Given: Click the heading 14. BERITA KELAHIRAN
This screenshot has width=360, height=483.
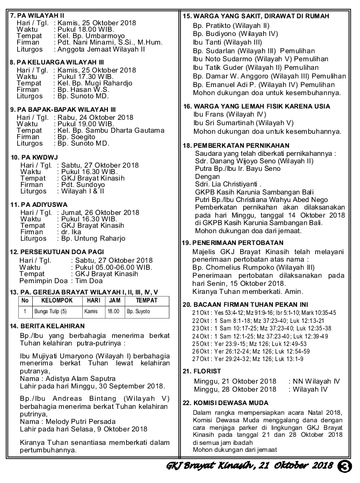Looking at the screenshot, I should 47,326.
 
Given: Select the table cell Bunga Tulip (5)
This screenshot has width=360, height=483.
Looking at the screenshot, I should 51,311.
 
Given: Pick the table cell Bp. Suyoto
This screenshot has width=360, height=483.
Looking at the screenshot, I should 139,311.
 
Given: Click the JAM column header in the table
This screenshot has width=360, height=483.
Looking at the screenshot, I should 113,300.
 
